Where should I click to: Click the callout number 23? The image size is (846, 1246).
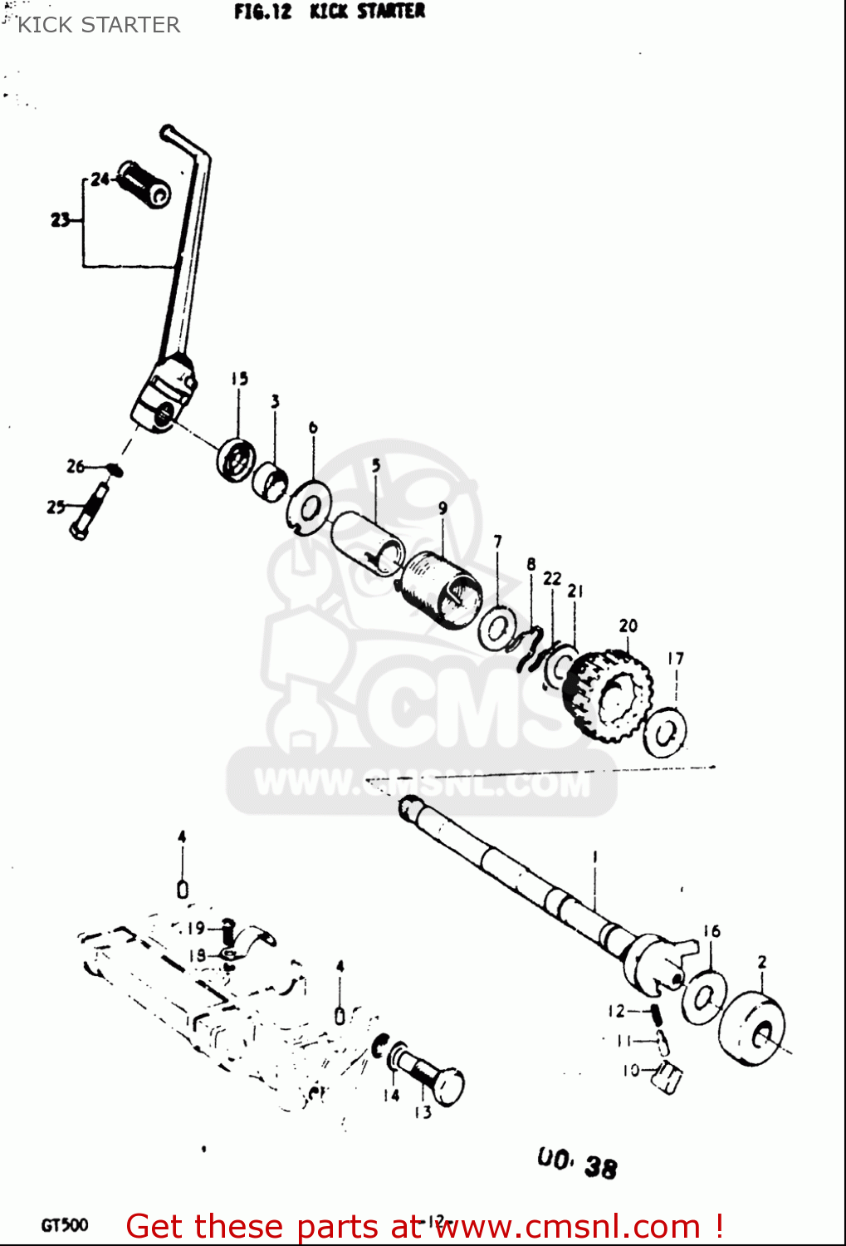60,220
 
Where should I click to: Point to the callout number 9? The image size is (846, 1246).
443,508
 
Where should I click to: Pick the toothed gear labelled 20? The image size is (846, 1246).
612,695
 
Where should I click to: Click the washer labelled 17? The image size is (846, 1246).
665,733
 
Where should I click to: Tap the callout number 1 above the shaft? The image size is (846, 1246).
594,856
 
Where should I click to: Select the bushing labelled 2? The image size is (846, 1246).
753,1028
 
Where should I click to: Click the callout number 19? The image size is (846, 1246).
195,928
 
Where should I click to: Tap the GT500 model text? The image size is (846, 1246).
64,1225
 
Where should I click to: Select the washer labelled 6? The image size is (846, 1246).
309,506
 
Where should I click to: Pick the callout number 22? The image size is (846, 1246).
552,578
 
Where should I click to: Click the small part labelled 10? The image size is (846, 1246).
667,1077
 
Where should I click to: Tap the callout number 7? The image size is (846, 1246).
497,542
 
